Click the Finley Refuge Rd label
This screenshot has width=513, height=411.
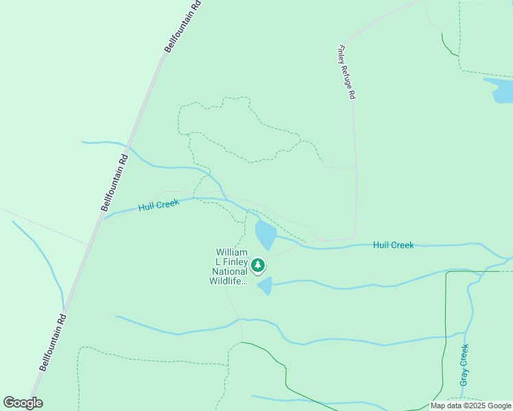[x=346, y=73]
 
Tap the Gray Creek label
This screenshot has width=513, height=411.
[x=464, y=364]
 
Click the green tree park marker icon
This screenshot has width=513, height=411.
[x=258, y=264]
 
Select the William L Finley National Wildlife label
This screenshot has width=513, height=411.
[x=228, y=267]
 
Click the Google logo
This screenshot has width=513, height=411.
[x=23, y=403]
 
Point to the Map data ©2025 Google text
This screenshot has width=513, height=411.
[x=471, y=406]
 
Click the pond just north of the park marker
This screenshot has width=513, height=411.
[x=265, y=234]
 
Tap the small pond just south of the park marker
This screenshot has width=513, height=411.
[x=265, y=285]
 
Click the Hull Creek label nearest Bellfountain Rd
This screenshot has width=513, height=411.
[x=158, y=204]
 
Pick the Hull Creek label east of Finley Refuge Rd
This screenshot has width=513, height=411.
[x=393, y=245]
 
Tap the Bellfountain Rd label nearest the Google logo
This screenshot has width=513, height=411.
[x=52, y=342]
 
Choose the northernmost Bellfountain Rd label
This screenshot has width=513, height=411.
[x=183, y=26]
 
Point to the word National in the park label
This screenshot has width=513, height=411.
[x=228, y=271]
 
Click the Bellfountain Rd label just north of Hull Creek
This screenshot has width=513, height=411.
[x=114, y=181]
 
